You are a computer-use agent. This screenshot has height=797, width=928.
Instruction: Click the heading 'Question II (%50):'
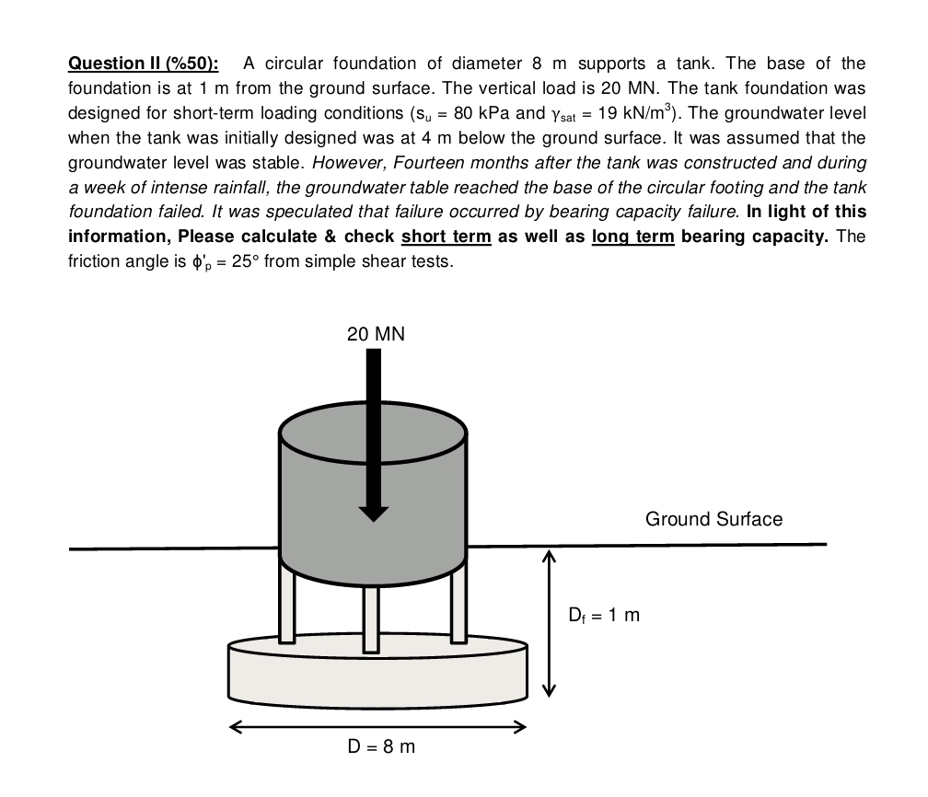[144, 64]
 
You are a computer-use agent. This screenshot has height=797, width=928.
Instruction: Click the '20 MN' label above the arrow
[376, 334]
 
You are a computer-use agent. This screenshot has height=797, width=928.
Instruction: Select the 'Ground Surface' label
[713, 519]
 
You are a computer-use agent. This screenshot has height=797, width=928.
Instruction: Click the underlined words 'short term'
[447, 237]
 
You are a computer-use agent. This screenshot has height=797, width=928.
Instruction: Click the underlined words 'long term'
[633, 237]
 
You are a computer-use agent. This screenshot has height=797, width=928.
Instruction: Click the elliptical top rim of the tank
[373, 429]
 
